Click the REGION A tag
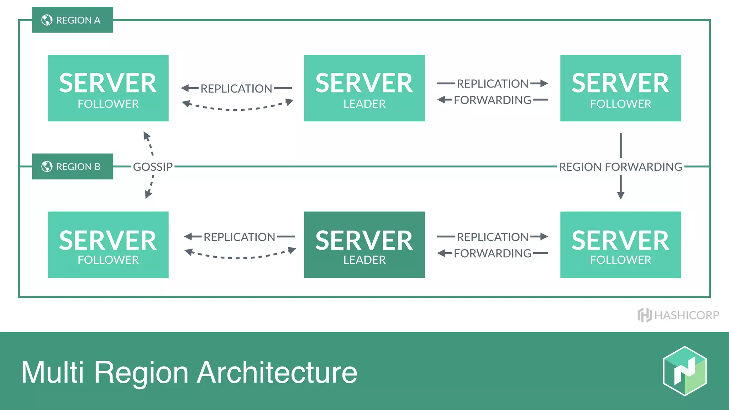point(72,20)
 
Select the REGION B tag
point(72,167)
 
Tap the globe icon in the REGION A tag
point(47,20)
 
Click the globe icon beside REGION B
point(47,166)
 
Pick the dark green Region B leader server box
point(364,245)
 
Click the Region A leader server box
point(364,88)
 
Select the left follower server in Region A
point(108,88)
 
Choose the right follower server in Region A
point(620,88)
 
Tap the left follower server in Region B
point(108,245)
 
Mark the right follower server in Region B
point(620,245)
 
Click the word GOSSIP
point(153,167)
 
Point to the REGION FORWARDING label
point(620,167)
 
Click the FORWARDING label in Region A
point(493,100)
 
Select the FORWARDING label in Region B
point(493,253)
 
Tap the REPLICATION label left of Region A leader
point(236,88)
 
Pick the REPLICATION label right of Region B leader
point(493,237)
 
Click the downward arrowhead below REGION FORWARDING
point(620,195)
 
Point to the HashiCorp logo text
point(686,315)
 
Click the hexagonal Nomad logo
point(685,371)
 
